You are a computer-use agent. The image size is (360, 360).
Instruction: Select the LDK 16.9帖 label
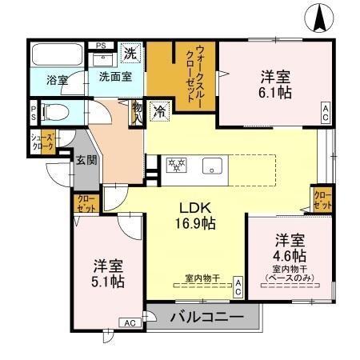point(194,215)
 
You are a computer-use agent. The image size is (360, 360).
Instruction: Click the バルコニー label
point(206,318)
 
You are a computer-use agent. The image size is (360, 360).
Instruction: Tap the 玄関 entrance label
point(86,158)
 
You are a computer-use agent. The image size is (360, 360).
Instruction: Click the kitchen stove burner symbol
point(175,166)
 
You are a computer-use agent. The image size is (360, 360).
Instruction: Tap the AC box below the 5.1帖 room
point(128,322)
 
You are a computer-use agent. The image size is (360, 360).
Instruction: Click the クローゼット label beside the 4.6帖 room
point(323,198)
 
